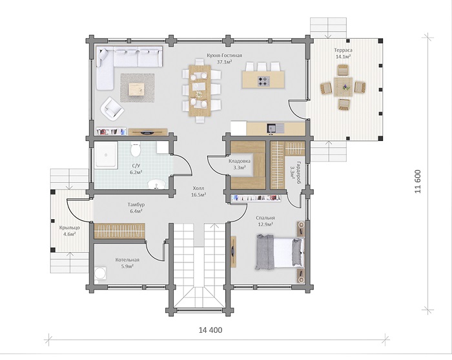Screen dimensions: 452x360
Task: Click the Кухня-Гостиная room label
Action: click(x=224, y=56)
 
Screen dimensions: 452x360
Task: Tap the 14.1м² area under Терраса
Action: click(x=343, y=56)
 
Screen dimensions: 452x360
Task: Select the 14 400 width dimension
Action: click(x=211, y=330)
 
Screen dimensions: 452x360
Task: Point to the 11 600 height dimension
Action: click(x=418, y=182)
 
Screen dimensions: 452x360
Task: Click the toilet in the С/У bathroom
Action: click(x=135, y=149)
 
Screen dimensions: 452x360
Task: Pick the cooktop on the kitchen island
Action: click(x=263, y=81)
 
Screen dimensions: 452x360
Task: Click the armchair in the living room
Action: click(x=112, y=109)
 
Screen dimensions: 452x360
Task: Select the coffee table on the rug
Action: click(x=137, y=89)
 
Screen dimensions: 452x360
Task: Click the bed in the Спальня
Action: click(x=280, y=253)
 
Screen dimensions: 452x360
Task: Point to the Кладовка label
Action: click(x=240, y=161)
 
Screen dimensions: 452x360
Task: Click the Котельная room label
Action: click(x=127, y=260)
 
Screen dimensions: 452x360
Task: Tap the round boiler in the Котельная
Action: click(x=100, y=273)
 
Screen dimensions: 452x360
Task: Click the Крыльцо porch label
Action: click(x=70, y=228)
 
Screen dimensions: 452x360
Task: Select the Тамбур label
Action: click(x=136, y=204)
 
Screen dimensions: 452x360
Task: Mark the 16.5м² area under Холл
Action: click(x=198, y=195)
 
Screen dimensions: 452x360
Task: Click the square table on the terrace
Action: click(x=343, y=87)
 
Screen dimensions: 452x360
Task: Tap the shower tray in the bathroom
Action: click(x=106, y=154)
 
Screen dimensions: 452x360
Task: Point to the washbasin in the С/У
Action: click(x=156, y=184)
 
